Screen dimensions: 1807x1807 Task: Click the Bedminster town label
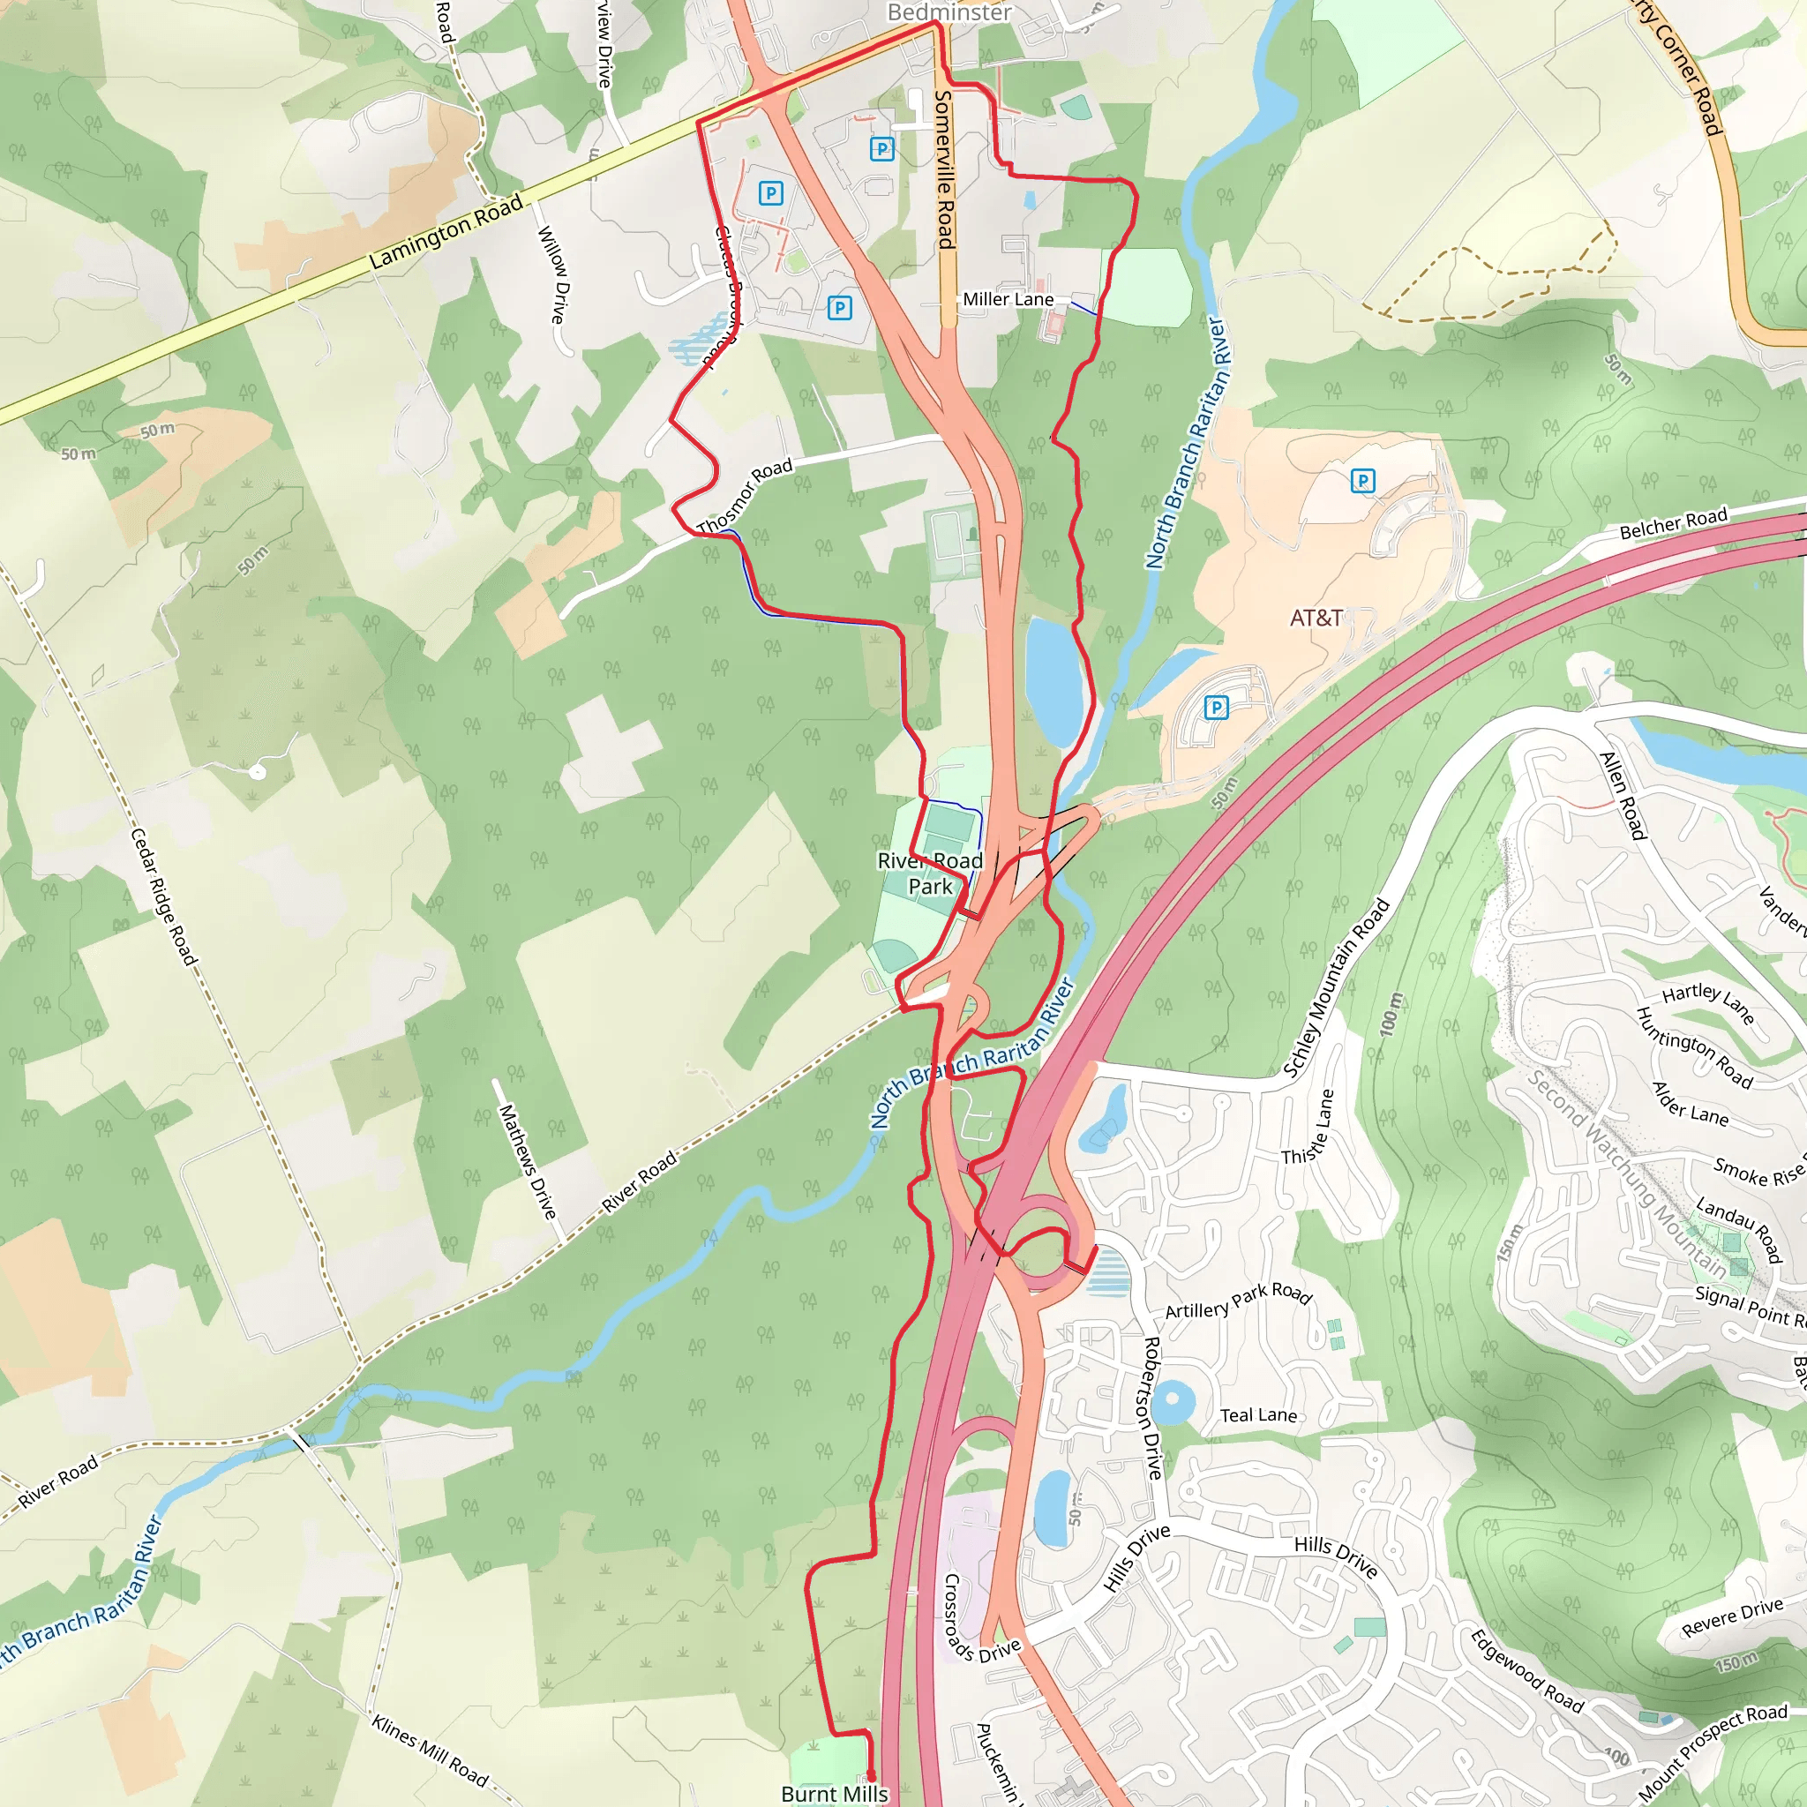[x=948, y=12]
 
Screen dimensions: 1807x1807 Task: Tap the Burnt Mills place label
[x=835, y=1793]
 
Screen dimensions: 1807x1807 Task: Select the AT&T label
[x=1316, y=619]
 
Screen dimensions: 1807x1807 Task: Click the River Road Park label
[x=930, y=873]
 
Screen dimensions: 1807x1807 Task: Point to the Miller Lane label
[x=1008, y=299]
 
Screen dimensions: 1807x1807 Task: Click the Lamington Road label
[x=446, y=231]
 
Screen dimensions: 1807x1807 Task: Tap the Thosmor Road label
[x=745, y=496]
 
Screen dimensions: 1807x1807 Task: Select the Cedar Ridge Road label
[x=164, y=896]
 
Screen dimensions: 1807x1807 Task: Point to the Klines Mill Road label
[x=430, y=1750]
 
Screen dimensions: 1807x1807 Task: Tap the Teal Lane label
[x=1258, y=1415]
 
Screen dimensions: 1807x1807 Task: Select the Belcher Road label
[x=1673, y=524]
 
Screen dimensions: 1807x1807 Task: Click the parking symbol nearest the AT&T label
[x=1362, y=482]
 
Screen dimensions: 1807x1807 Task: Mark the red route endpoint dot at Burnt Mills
[x=871, y=1775]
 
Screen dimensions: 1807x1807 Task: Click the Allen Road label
[x=1623, y=795]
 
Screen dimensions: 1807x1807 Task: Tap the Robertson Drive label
[x=1152, y=1407]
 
